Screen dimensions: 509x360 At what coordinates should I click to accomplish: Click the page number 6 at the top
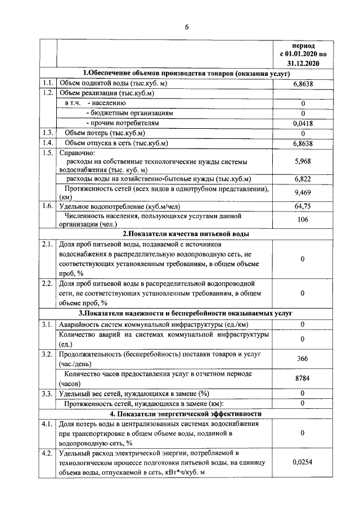coord(186,25)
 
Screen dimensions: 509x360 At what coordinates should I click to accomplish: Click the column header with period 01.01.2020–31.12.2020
coord(303,54)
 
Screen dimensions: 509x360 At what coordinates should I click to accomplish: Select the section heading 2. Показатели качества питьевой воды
coord(186,233)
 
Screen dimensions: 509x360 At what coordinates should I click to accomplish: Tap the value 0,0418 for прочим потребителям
coord(303,123)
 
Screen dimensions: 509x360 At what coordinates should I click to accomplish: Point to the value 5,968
coord(303,161)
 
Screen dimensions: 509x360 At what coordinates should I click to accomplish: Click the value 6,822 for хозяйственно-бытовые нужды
coord(303,179)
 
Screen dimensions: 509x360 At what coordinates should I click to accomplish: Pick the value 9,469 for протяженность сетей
coord(303,193)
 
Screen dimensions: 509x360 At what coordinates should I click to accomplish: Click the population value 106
coord(303,220)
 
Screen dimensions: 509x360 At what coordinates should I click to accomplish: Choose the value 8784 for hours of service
coord(303,379)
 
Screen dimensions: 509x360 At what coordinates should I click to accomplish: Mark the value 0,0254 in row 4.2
coord(303,462)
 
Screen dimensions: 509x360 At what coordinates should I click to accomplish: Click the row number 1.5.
coord(47,152)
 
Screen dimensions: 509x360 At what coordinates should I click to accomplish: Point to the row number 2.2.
coord(47,283)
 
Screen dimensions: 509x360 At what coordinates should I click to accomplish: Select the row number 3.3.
coord(47,393)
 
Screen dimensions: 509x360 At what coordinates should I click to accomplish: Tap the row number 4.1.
coord(47,424)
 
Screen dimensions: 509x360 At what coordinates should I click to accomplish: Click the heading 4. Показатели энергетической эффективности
coord(186,413)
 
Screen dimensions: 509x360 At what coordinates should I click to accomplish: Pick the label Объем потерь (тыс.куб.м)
coord(105,133)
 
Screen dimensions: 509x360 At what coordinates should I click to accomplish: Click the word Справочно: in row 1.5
coord(77,152)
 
